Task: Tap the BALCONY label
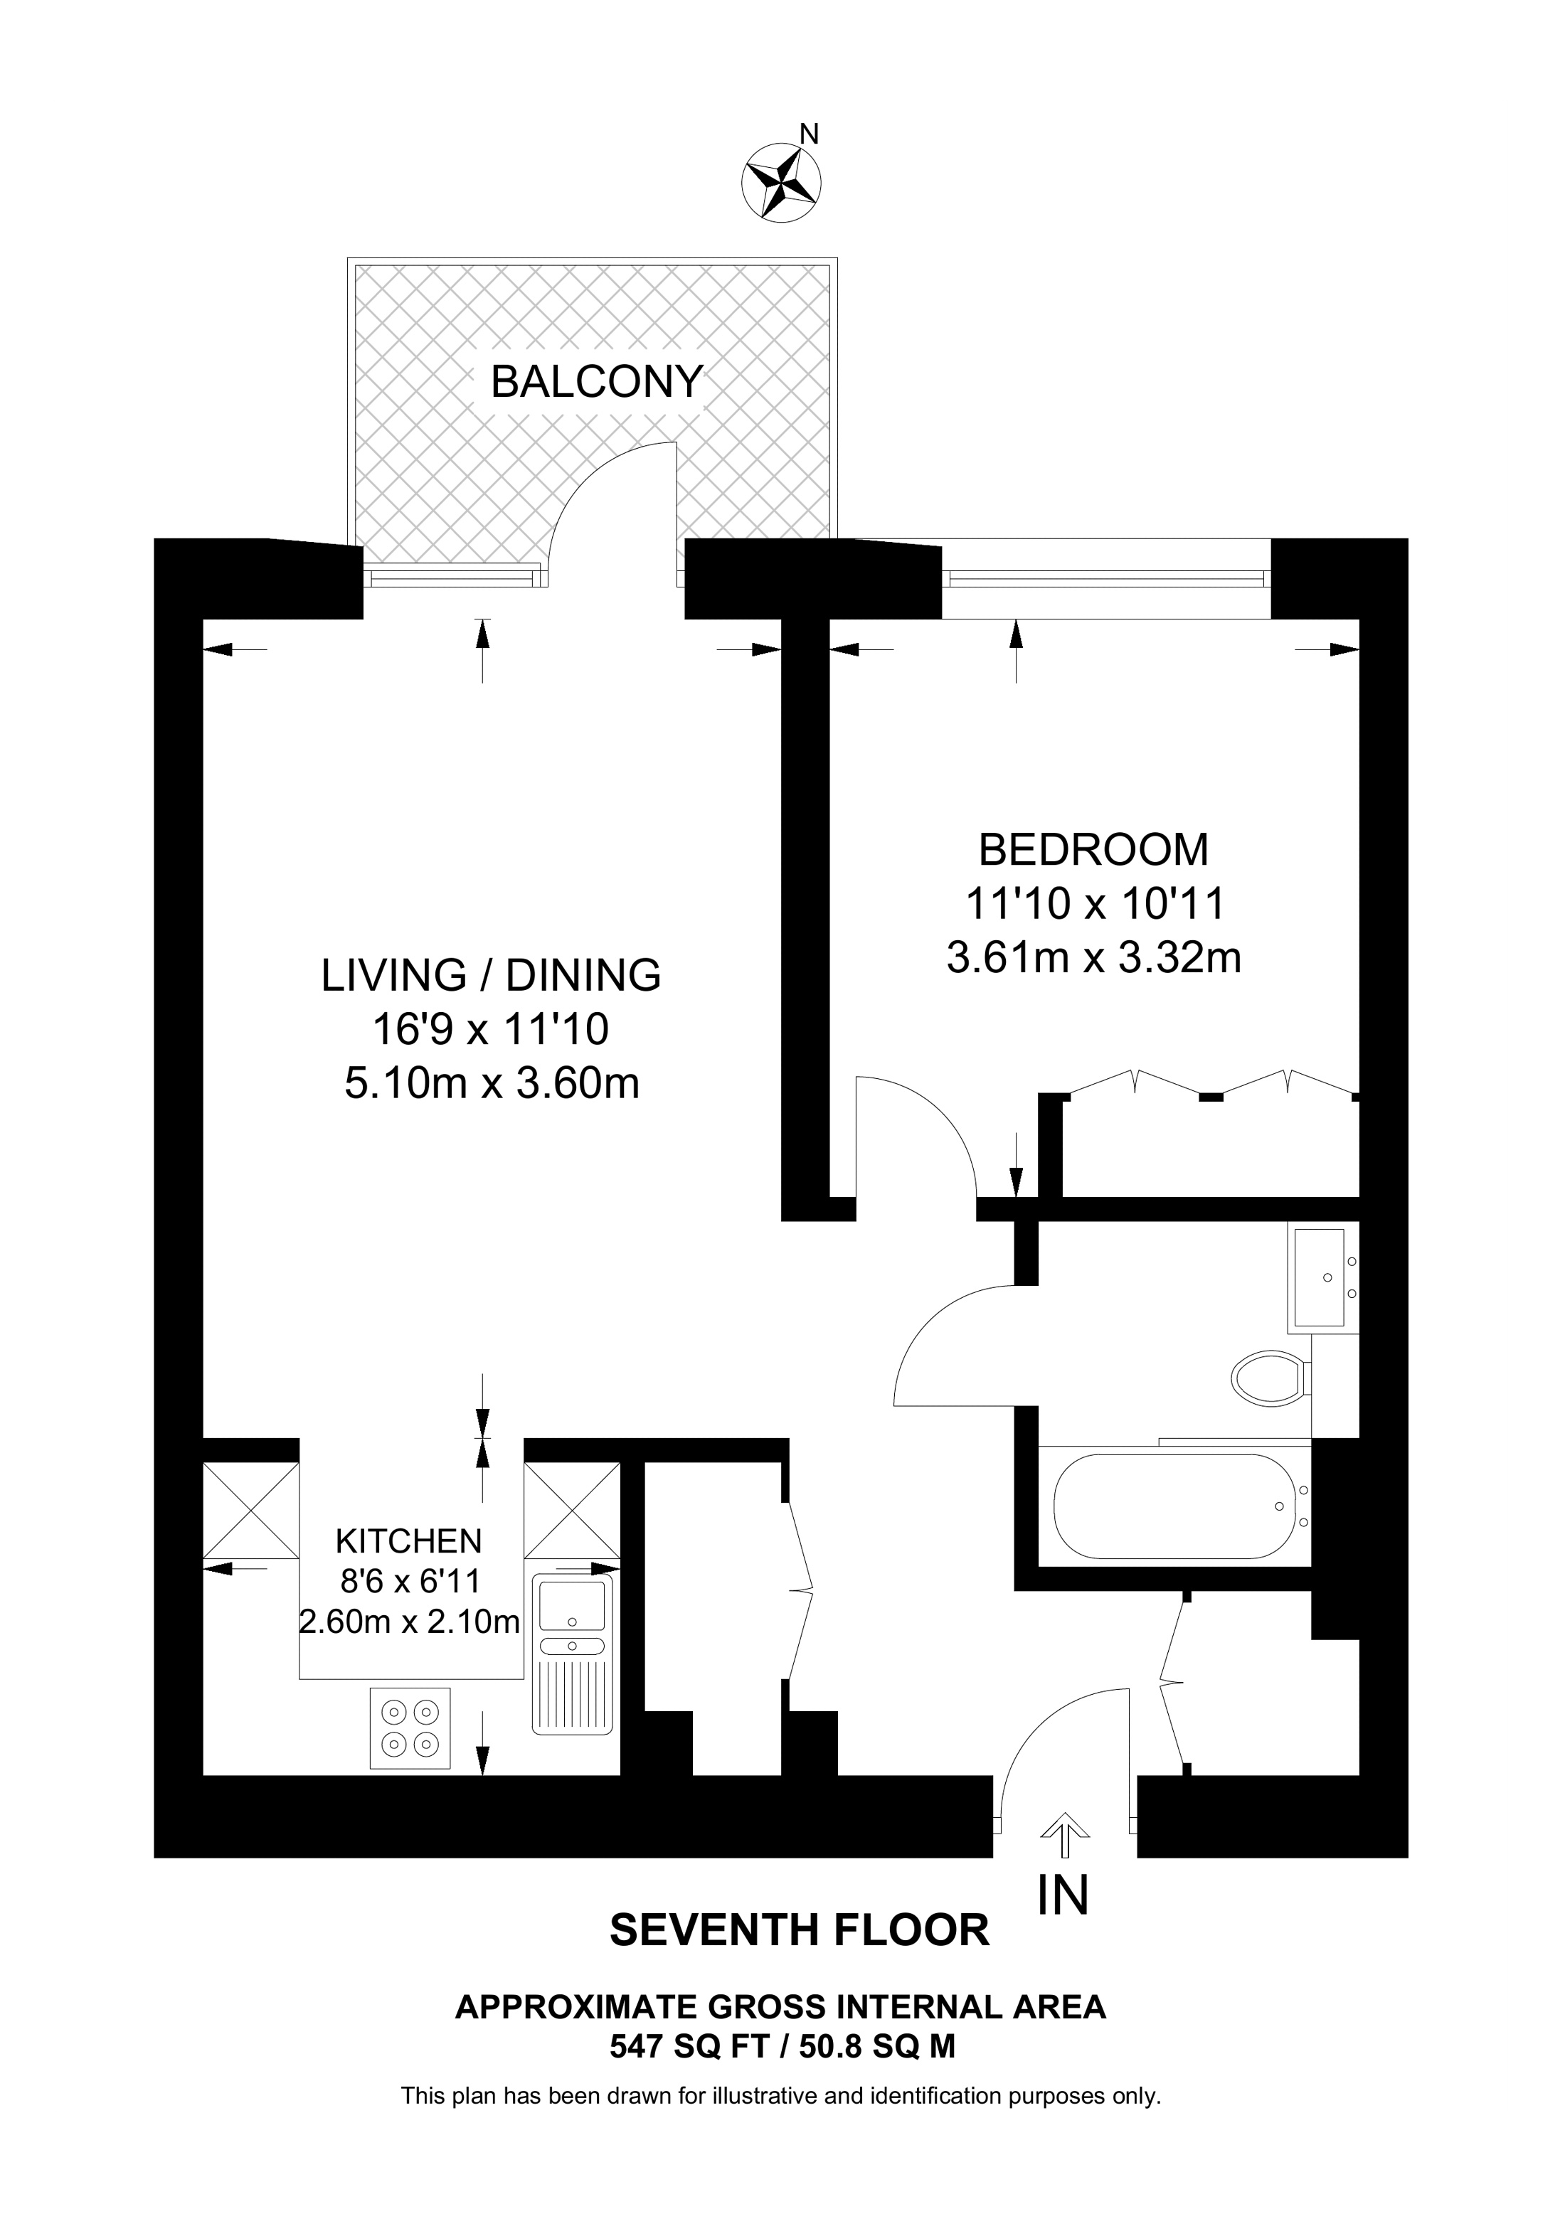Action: pos(597,382)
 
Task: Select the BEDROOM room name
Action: pos(1093,849)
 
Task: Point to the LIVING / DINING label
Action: pos(491,975)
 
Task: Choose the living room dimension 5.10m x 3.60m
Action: pos(492,1084)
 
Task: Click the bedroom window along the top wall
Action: pos(1106,578)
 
